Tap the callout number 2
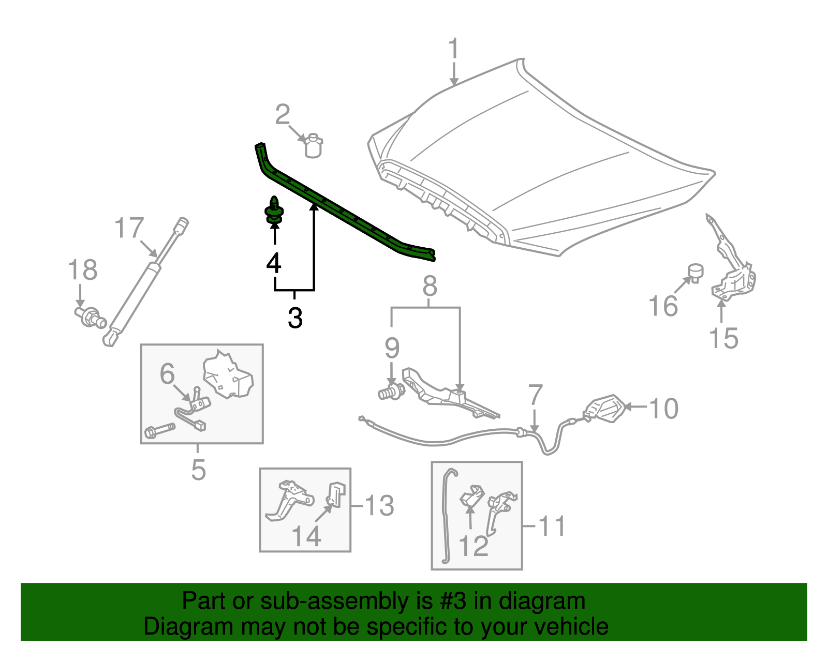click(x=283, y=114)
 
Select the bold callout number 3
click(x=295, y=318)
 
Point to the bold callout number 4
click(x=274, y=263)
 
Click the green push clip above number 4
click(x=274, y=210)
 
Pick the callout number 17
click(x=129, y=227)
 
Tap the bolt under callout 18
click(x=91, y=317)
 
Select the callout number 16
click(x=663, y=306)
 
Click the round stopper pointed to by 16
click(x=696, y=273)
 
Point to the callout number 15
click(x=723, y=338)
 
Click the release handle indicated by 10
click(x=604, y=409)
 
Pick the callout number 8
click(x=430, y=286)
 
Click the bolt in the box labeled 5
click(x=160, y=430)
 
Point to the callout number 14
click(x=306, y=536)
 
